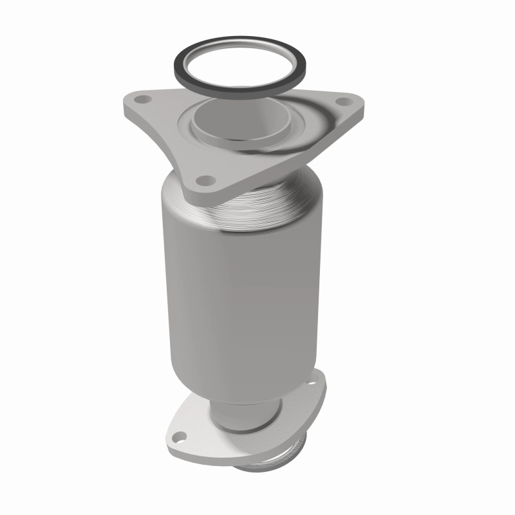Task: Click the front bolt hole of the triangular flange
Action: (x=205, y=180)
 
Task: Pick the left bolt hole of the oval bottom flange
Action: (x=179, y=440)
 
